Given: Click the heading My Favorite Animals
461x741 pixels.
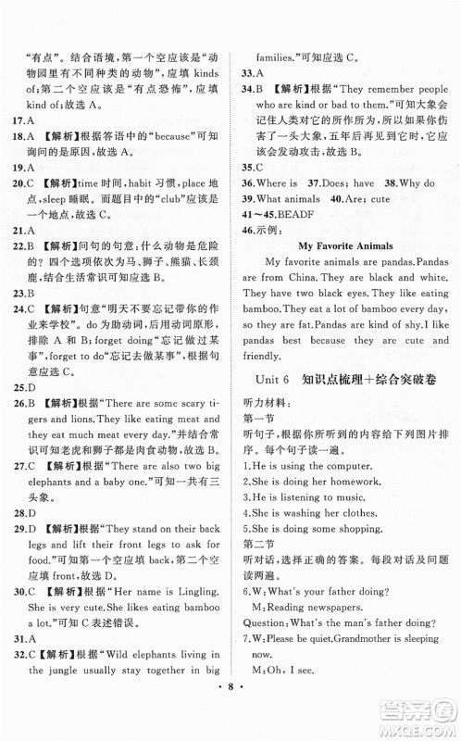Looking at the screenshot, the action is point(347,245).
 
